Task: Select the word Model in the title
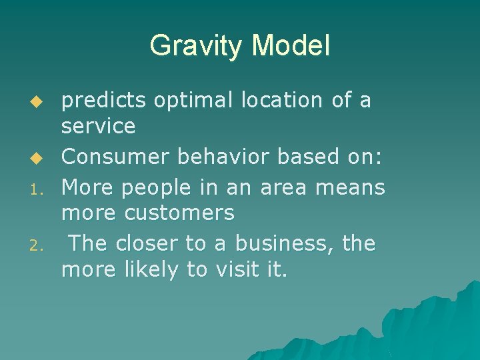291,47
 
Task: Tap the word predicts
104,101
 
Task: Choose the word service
98,125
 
